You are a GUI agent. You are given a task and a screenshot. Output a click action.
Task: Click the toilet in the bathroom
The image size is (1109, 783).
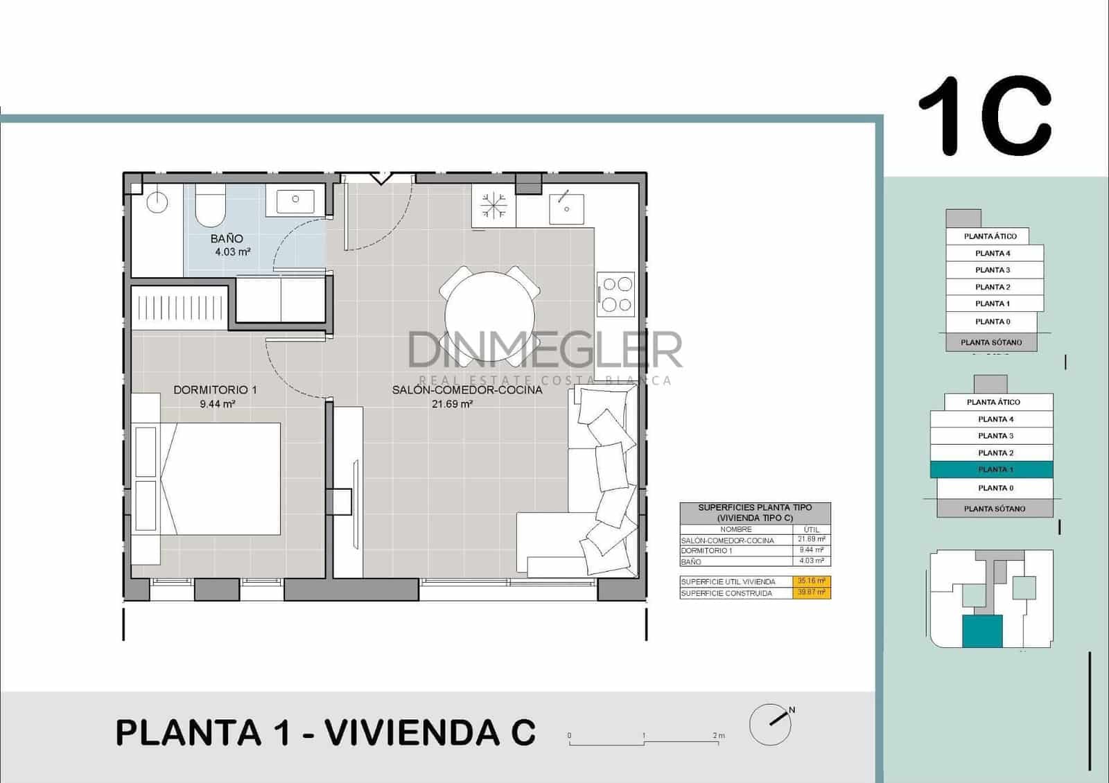point(209,205)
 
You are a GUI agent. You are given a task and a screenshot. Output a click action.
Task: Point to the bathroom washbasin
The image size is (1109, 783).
point(295,200)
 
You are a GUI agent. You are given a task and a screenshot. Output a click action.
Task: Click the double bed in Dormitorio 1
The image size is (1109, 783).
point(220,478)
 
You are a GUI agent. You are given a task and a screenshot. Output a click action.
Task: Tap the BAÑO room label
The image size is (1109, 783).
point(227,238)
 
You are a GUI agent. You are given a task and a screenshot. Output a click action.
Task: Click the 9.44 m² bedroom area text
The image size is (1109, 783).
point(217,404)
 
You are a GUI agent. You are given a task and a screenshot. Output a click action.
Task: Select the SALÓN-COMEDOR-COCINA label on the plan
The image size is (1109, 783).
point(466,390)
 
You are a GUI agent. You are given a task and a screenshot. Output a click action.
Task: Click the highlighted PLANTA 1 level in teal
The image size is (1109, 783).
point(992,470)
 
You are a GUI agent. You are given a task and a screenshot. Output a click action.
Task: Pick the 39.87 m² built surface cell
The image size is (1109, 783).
point(812,592)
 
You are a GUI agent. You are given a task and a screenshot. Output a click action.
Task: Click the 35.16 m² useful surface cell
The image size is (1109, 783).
point(812,581)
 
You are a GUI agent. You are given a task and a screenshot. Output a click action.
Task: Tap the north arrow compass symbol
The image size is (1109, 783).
point(771,724)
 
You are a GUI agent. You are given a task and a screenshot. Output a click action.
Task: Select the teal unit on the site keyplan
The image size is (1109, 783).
point(982,631)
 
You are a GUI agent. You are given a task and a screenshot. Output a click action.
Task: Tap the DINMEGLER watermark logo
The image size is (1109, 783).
point(545,350)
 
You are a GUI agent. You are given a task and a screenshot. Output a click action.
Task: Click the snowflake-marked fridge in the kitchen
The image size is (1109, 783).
point(494,206)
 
